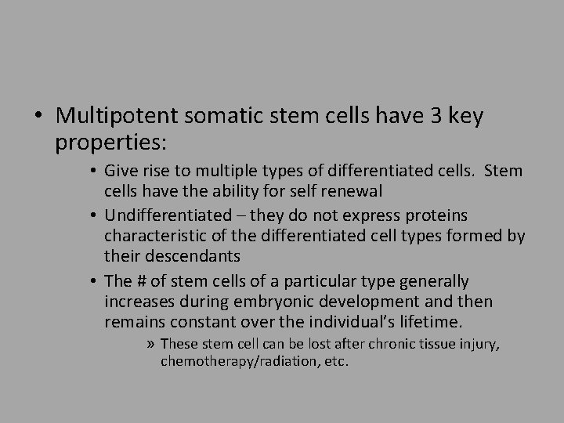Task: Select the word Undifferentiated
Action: coord(167,215)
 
